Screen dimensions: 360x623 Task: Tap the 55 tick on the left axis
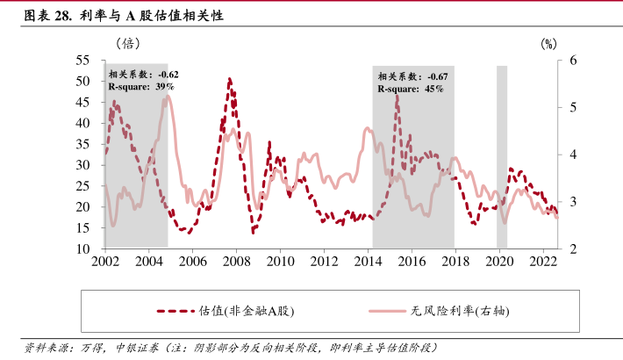click(83, 60)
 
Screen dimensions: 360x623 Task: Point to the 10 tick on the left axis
click(83, 249)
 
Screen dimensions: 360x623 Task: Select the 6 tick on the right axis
click(571, 60)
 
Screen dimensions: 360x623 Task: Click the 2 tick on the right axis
click(571, 249)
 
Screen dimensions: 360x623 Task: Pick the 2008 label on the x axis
click(236, 261)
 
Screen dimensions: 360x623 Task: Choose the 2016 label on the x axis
click(412, 261)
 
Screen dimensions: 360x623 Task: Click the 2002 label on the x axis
click(105, 261)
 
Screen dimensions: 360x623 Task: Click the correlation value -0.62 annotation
click(168, 76)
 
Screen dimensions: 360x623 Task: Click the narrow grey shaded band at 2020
click(502, 158)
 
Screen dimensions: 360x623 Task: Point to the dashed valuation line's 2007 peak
click(229, 80)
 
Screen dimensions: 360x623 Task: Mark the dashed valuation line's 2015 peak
click(397, 96)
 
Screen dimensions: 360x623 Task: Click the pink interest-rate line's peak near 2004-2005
click(167, 97)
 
